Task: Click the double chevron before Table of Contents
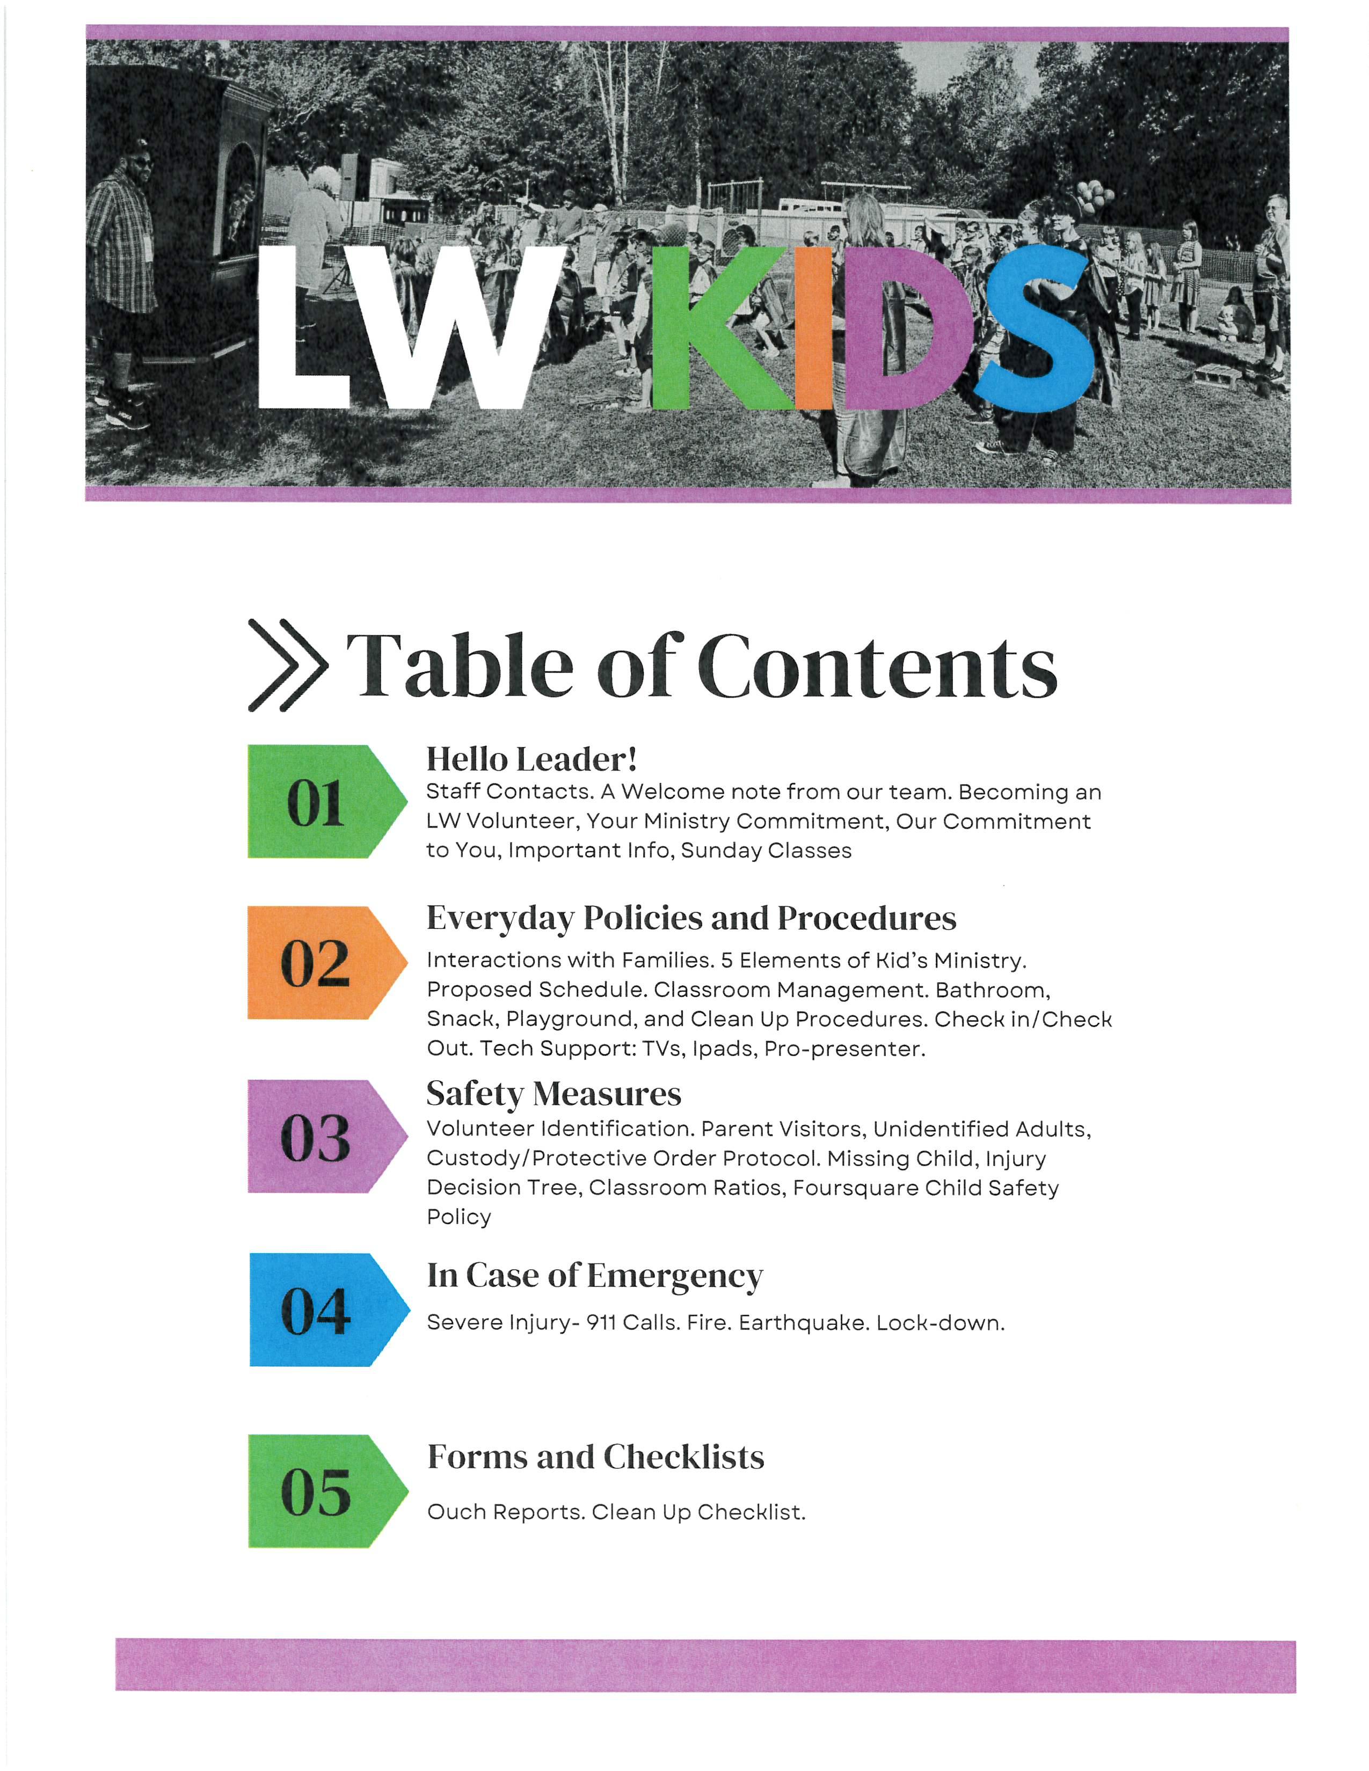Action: (x=288, y=665)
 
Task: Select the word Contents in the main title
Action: (x=878, y=665)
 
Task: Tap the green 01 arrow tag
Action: (x=324, y=801)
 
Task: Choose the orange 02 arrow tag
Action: (x=324, y=963)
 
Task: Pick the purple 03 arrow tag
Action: (x=324, y=1136)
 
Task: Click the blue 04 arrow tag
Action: (x=324, y=1309)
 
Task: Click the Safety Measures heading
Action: (x=554, y=1093)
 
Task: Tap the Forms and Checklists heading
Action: (x=595, y=1457)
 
